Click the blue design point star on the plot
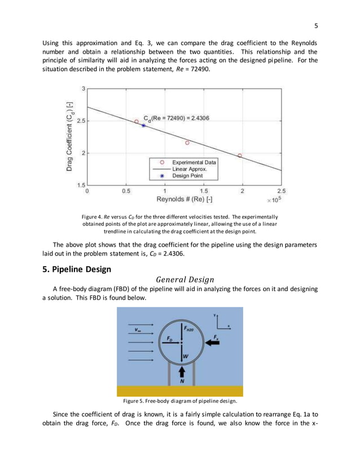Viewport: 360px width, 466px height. point(143,125)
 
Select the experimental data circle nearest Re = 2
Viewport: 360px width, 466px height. point(240,155)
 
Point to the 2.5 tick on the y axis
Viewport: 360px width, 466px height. point(81,121)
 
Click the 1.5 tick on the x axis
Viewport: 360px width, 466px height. point(204,191)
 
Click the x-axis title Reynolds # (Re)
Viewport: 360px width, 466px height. point(185,200)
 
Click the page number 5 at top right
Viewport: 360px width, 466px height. point(317,25)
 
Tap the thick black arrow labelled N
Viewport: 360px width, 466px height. point(182,372)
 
